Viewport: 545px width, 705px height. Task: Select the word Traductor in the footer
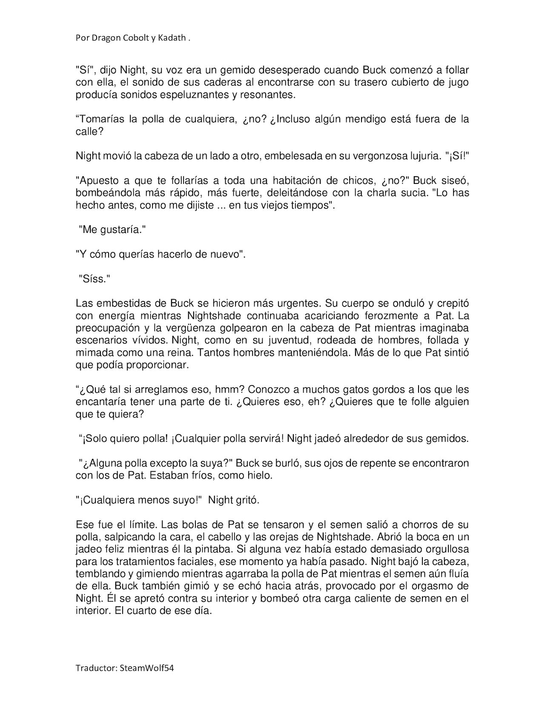[x=94, y=668]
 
